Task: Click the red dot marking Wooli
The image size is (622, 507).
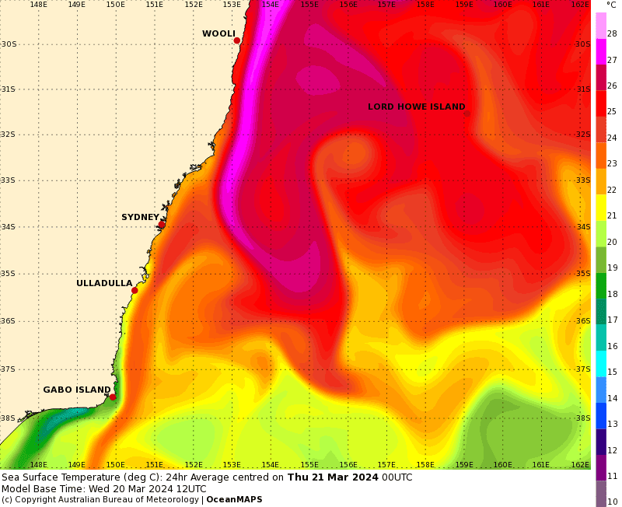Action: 236,40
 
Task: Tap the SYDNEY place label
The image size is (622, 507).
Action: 140,218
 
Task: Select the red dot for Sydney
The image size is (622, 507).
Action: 161,225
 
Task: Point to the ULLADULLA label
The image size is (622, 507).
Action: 104,284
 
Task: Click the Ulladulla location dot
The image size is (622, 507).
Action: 135,291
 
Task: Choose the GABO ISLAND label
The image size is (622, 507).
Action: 77,390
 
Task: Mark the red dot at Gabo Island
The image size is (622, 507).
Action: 113,397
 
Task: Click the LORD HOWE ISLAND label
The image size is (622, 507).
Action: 416,107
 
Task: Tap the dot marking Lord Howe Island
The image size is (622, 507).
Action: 467,114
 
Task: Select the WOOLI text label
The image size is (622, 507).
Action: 218,34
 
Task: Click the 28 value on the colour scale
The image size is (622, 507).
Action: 612,33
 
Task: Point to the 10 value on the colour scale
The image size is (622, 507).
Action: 612,502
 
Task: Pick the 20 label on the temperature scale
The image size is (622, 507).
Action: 612,242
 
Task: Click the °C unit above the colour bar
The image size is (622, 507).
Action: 611,5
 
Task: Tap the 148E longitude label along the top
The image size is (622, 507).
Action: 38,5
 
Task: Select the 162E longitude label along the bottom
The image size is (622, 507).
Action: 579,465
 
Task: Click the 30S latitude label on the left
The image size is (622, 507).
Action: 9,44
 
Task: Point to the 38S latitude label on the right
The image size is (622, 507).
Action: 583,418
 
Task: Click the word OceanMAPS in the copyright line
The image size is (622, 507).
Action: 234,499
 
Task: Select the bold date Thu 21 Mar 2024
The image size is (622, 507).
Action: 333,477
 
